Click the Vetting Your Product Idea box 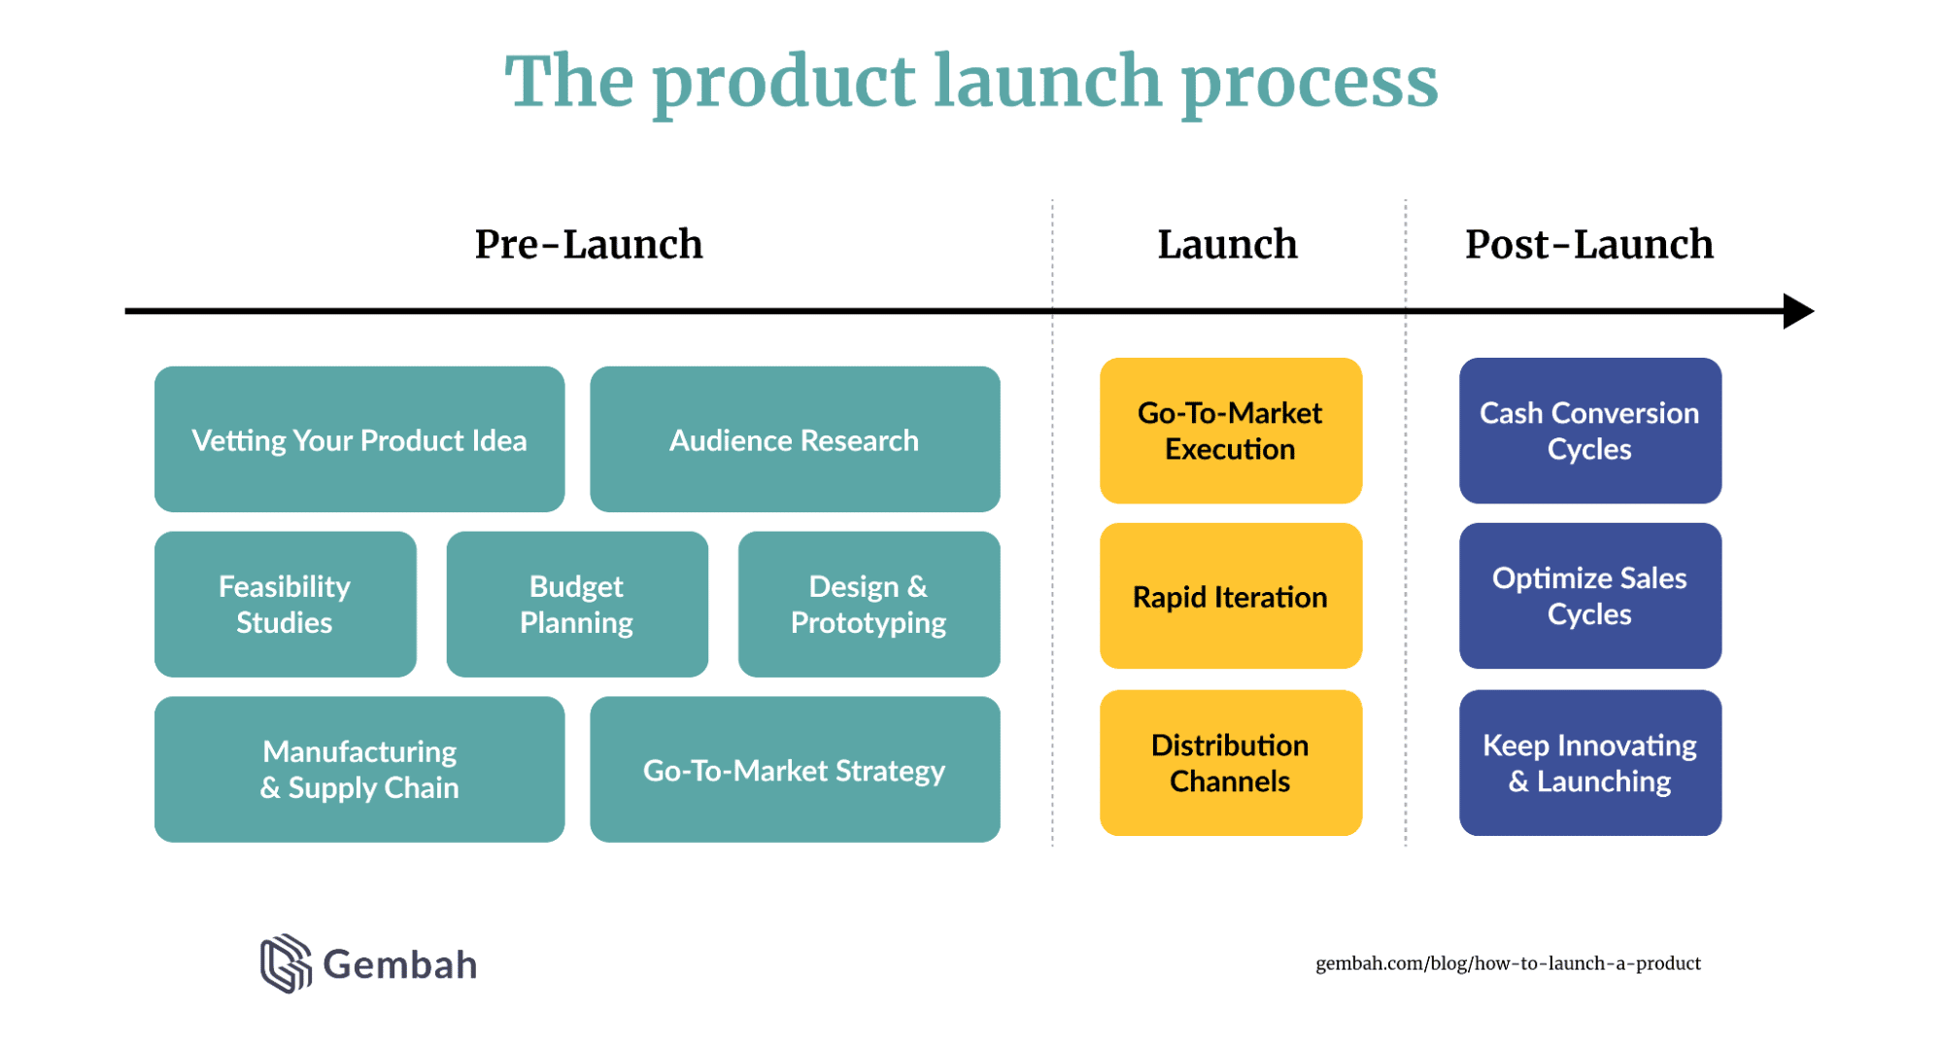point(358,439)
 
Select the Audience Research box point(794,439)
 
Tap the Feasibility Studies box point(285,604)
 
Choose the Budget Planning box point(576,604)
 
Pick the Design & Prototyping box point(868,604)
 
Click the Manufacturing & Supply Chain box point(358,769)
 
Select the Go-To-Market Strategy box point(794,769)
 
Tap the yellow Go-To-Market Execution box point(1230,431)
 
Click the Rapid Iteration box point(1230,596)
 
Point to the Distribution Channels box point(1230,762)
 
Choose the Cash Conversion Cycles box point(1589,431)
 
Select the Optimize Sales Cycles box point(1589,596)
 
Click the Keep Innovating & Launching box point(1589,762)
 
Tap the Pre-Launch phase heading point(588,244)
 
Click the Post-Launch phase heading point(1588,244)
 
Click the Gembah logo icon point(286,963)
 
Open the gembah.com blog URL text point(1508,963)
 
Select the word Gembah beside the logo point(399,964)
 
